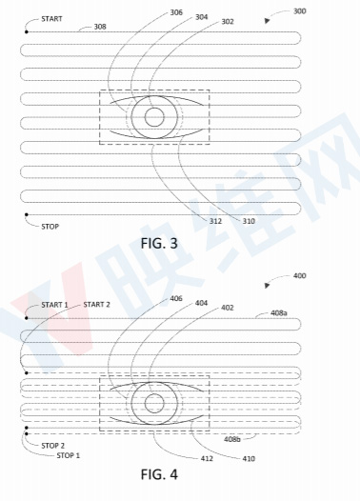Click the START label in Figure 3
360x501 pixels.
pyautogui.click(x=51, y=19)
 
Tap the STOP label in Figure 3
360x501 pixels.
pyautogui.click(x=50, y=227)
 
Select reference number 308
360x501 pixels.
pyautogui.click(x=100, y=27)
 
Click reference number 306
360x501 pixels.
pyautogui.click(x=176, y=12)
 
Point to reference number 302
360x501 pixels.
pyautogui.click(x=228, y=22)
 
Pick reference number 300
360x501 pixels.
pyautogui.click(x=300, y=11)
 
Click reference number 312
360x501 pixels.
pyautogui.click(x=215, y=221)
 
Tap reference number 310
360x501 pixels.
pyautogui.click(x=249, y=221)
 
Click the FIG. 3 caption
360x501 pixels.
pyautogui.click(x=159, y=244)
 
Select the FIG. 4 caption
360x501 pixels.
pyautogui.click(x=159, y=474)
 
